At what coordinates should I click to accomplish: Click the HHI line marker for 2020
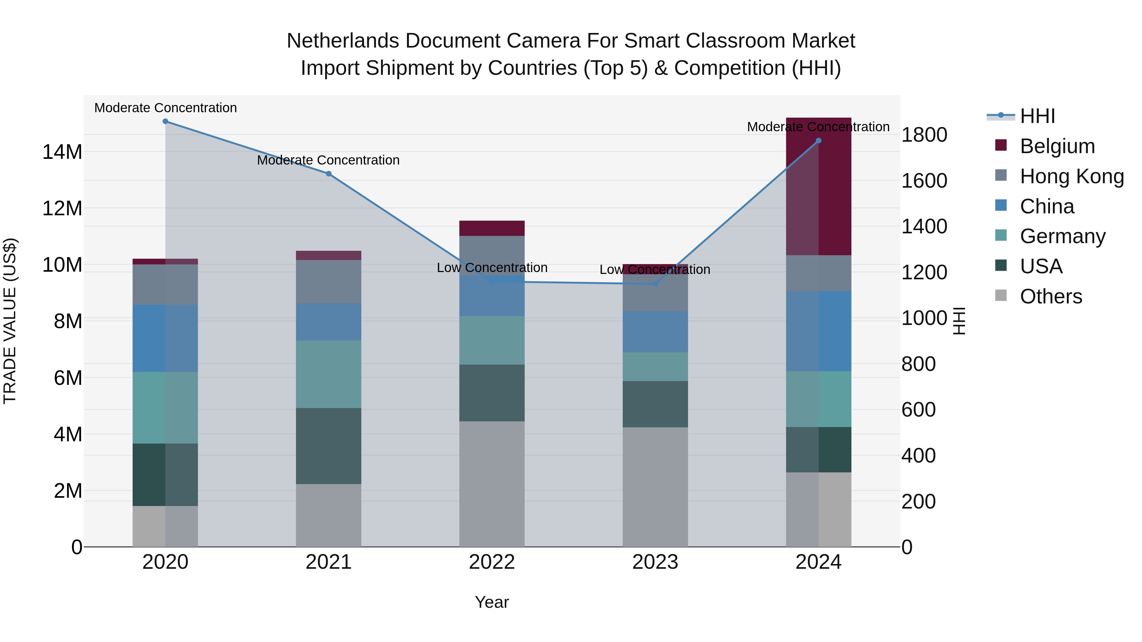pyautogui.click(x=165, y=121)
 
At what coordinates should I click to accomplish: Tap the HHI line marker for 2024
pyautogui.click(x=818, y=141)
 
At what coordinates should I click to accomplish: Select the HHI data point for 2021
pyautogui.click(x=329, y=174)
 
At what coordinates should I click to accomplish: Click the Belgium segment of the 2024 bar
pyautogui.click(x=818, y=186)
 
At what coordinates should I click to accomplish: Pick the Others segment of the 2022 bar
pyautogui.click(x=492, y=484)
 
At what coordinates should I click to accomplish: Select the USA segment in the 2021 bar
pyautogui.click(x=329, y=446)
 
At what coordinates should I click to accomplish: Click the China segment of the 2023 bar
pyautogui.click(x=655, y=332)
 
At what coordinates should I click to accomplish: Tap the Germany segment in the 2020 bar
pyautogui.click(x=165, y=408)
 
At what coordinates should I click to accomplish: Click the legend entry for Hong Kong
pyautogui.click(x=1072, y=176)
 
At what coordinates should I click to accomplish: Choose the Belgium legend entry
pyautogui.click(x=1057, y=146)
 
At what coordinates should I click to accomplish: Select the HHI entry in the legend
pyautogui.click(x=1037, y=116)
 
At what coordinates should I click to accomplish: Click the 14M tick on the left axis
pyautogui.click(x=62, y=152)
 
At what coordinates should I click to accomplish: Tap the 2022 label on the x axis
pyautogui.click(x=492, y=562)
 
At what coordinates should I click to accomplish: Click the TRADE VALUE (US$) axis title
pyautogui.click(x=10, y=321)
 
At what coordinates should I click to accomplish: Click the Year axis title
pyautogui.click(x=492, y=602)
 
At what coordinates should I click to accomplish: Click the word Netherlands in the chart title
pyautogui.click(x=342, y=41)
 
